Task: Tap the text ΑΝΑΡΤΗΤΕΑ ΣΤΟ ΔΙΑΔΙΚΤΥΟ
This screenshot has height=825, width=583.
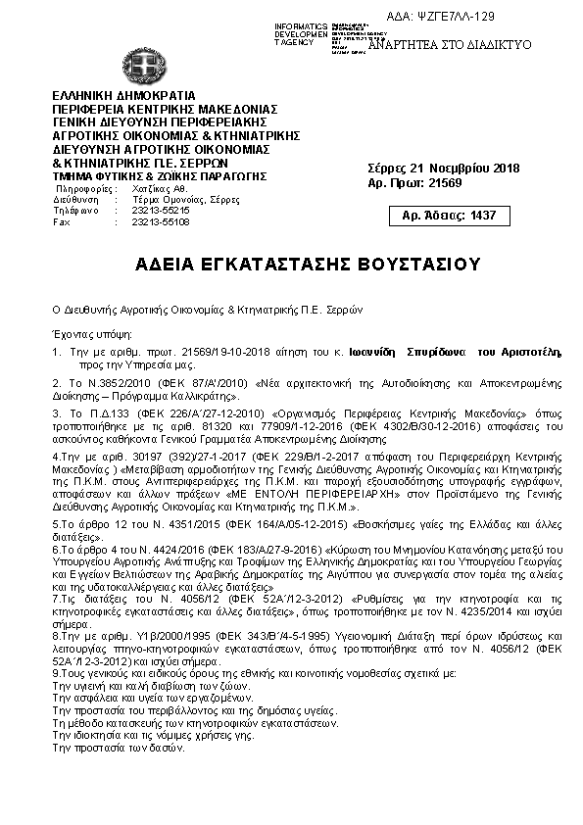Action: click(449, 45)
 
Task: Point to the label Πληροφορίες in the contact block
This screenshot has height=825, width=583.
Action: click(82, 187)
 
